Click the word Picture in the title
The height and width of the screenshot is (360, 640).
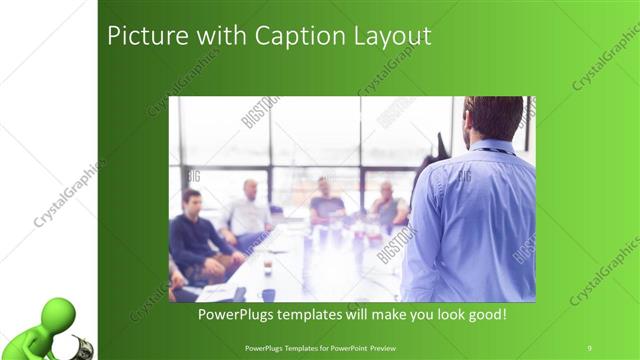click(139, 36)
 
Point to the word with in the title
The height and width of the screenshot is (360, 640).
click(199, 36)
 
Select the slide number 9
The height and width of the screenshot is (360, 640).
click(589, 347)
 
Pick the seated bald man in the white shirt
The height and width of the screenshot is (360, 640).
click(248, 210)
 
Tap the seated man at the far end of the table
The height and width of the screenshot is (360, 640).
click(324, 200)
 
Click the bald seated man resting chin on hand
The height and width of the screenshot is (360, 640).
click(386, 205)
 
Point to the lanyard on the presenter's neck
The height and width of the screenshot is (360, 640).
click(500, 149)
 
